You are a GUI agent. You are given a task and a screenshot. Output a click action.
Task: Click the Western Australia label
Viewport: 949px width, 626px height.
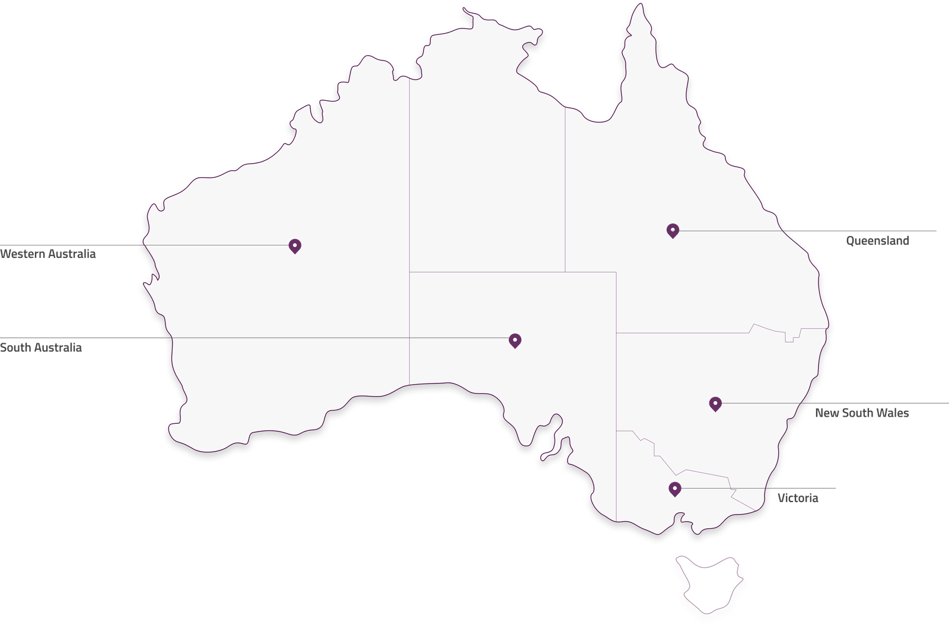(48, 254)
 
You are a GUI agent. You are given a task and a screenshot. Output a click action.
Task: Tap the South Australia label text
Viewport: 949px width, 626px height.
(41, 347)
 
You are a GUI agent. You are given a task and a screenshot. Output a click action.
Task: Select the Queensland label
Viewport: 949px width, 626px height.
(877, 241)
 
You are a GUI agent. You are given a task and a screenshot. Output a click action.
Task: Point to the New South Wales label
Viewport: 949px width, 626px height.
(861, 413)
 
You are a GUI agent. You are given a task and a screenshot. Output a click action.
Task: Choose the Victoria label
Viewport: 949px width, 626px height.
(798, 499)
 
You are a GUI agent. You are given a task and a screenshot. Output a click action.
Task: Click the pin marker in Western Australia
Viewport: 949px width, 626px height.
(294, 245)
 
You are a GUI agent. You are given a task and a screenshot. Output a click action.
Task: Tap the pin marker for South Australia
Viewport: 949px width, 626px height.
(515, 340)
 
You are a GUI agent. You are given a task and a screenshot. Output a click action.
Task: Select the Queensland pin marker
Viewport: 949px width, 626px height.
(673, 230)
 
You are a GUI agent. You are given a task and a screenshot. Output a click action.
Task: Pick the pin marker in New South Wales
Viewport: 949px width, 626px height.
(715, 404)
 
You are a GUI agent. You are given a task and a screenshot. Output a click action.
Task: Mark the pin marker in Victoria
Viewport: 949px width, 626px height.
(674, 488)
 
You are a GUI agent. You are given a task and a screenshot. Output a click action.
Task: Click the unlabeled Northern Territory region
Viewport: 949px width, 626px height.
(486, 172)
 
